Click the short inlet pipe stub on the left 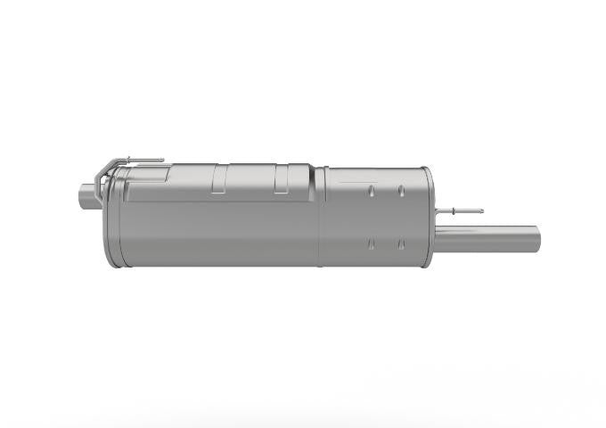click(86, 193)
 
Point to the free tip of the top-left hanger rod click(162, 160)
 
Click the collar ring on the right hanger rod click(454, 211)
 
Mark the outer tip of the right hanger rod click(482, 211)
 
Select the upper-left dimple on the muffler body click(371, 190)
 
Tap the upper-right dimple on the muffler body click(401, 190)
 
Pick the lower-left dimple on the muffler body click(371, 243)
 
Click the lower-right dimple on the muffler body click(401, 243)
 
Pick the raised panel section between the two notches click(250, 178)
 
